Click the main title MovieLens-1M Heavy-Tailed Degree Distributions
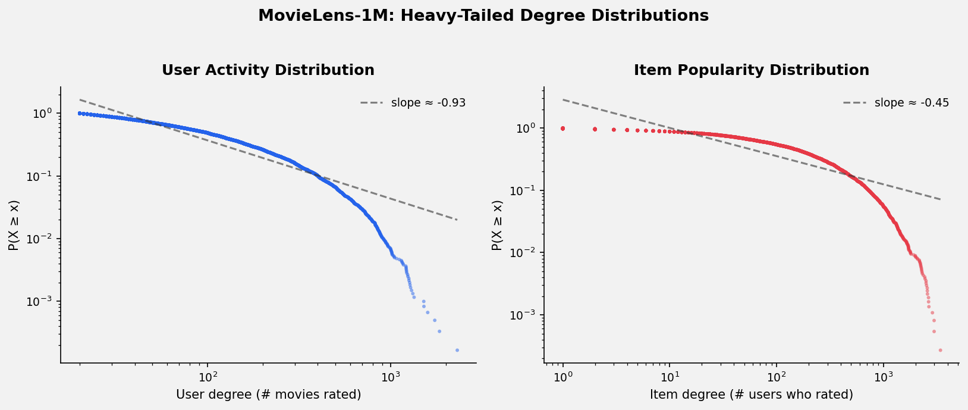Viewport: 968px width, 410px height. coord(483,16)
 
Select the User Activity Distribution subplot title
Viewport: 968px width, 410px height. coord(268,70)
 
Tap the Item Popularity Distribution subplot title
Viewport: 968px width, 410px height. coord(751,70)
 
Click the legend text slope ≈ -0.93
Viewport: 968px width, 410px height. coord(428,103)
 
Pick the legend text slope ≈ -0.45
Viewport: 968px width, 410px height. coord(912,103)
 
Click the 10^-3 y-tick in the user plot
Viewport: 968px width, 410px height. coord(42,301)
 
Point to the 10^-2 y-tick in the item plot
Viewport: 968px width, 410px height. coord(526,253)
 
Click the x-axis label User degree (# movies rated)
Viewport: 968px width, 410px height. coord(268,395)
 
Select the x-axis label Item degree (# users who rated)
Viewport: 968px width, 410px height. coord(751,395)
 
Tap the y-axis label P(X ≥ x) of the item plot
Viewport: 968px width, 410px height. coord(497,225)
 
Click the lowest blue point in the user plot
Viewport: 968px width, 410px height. coord(457,350)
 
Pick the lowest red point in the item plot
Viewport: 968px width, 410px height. coord(940,350)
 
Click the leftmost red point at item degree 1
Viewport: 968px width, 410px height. coord(562,129)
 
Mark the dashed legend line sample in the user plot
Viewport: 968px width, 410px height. coord(372,103)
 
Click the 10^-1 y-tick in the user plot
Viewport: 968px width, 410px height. coord(42,177)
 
